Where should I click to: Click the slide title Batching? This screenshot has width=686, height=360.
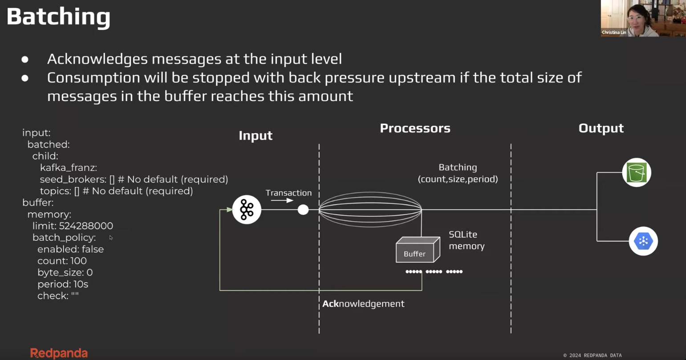tap(58, 17)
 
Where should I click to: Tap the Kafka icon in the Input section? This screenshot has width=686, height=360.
tap(247, 210)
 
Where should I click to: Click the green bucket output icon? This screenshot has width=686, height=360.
tap(637, 173)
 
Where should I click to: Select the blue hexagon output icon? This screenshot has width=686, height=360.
tap(643, 241)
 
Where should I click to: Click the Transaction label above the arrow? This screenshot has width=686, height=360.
tap(288, 193)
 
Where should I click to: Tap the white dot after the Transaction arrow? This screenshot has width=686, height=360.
tap(303, 210)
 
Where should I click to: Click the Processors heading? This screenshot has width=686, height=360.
tap(415, 128)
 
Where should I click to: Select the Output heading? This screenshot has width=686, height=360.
tap(601, 128)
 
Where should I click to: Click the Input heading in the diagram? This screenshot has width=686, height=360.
tap(256, 135)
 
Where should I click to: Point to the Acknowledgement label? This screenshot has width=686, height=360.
tap(363, 303)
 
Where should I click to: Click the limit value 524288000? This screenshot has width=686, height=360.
tap(86, 226)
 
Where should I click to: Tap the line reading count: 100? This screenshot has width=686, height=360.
tap(62, 261)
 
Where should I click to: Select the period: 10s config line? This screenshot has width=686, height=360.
tap(63, 284)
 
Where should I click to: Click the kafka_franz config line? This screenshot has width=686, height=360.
tap(69, 168)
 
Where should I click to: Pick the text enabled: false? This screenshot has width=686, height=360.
tap(70, 249)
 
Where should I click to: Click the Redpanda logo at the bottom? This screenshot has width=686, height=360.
tap(59, 353)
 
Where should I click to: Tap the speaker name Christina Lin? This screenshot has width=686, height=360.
tap(614, 32)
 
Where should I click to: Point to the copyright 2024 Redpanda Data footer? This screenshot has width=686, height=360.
tap(593, 355)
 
